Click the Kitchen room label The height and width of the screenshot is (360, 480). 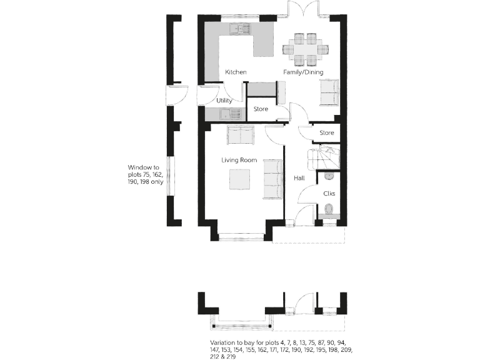pyautogui.click(x=236, y=72)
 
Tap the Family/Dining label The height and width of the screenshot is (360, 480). pyautogui.click(x=303, y=72)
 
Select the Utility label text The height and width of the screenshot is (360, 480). pyautogui.click(x=224, y=101)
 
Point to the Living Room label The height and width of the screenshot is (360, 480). pyautogui.click(x=239, y=160)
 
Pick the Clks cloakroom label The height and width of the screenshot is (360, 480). pyautogui.click(x=329, y=193)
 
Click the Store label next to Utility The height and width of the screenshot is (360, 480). pyautogui.click(x=261, y=109)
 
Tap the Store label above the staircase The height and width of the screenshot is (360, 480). pyautogui.click(x=326, y=133)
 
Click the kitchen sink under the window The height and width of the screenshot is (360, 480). pyautogui.click(x=239, y=28)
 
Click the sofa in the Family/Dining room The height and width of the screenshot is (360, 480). pyautogui.click(x=328, y=92)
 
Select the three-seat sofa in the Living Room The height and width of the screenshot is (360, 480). pyautogui.click(x=273, y=179)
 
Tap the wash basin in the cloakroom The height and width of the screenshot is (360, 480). pyautogui.click(x=329, y=177)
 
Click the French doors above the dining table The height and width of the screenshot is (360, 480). pyautogui.click(x=303, y=10)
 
